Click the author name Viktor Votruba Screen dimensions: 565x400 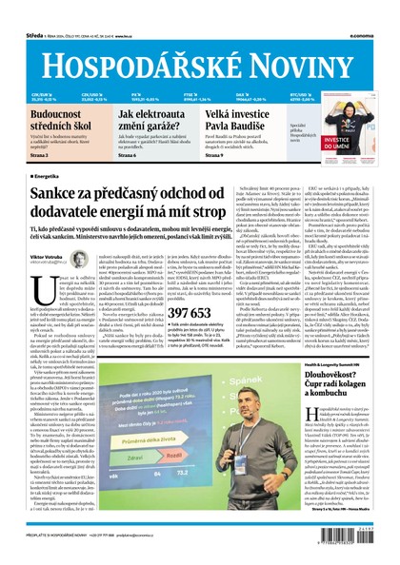pyautogui.click(x=34, y=257)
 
